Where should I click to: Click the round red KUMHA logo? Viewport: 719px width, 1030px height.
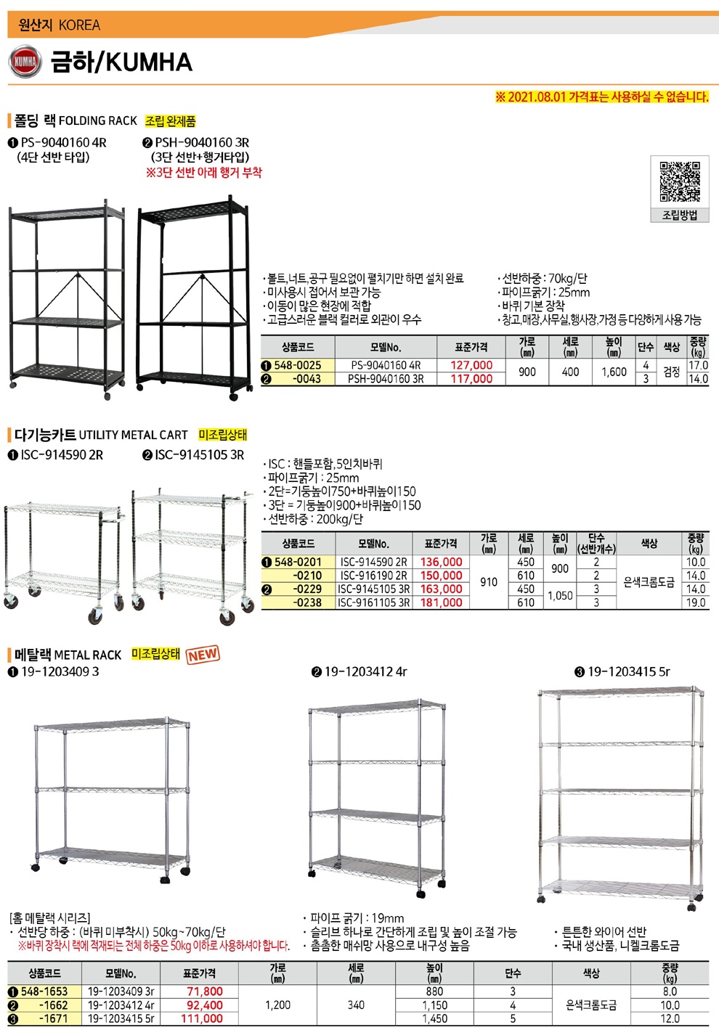25,62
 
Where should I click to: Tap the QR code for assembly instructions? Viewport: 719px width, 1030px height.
680,181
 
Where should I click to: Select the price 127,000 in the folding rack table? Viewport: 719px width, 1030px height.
471,365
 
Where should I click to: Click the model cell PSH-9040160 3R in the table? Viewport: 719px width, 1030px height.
386,379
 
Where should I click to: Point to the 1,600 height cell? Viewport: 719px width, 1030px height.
614,372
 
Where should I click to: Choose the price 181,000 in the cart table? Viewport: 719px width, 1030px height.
441,602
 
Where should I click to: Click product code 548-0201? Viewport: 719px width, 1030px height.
298,562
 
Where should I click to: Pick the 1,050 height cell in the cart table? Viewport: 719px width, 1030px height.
560,595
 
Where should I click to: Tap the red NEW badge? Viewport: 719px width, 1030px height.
203,654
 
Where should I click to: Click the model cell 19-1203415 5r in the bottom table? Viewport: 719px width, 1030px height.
121,1018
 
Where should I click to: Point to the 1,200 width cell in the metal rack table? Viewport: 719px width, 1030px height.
278,1005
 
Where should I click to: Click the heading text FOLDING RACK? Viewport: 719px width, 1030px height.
98,121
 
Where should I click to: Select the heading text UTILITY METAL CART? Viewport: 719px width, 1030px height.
134,435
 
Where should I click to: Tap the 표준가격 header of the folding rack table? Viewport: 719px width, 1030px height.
471,347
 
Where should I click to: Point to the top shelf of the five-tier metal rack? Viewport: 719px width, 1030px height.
621,692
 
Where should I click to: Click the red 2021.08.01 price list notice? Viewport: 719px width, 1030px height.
601,97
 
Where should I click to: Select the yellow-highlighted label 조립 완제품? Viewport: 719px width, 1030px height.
171,121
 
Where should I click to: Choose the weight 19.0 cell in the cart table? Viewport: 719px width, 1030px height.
696,602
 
